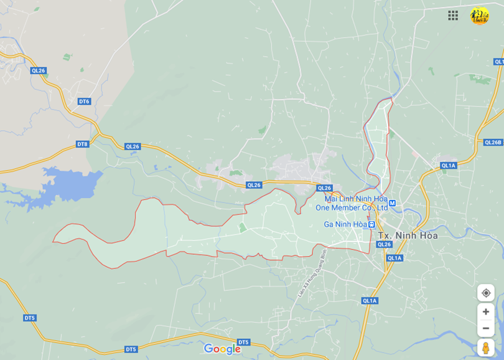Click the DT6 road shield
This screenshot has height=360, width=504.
[84, 101]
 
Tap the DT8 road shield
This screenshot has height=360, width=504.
[82, 144]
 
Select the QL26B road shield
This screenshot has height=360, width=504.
[492, 142]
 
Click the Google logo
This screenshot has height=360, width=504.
[222, 349]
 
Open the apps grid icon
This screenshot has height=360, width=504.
[453, 16]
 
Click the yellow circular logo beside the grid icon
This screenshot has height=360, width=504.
[479, 16]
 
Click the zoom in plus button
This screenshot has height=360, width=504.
[486, 311]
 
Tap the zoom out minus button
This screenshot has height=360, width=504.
[486, 328]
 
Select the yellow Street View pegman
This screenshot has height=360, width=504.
[486, 348]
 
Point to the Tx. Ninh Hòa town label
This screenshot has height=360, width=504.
[408, 235]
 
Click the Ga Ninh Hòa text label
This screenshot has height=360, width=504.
[345, 224]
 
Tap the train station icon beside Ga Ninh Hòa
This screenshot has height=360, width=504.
[371, 224]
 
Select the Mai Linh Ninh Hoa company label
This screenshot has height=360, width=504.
[352, 203]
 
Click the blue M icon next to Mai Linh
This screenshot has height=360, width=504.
[393, 202]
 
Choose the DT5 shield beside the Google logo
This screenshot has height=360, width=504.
[243, 342]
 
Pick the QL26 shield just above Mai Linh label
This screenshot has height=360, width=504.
[324, 188]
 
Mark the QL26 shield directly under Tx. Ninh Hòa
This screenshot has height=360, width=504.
[384, 245]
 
